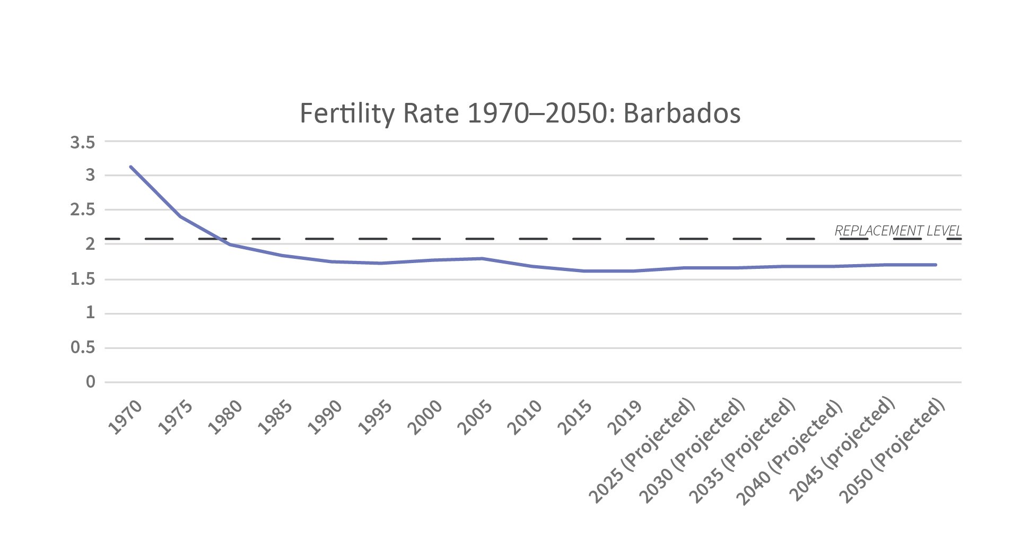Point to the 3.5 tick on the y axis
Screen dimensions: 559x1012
[82, 142]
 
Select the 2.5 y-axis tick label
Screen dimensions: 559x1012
[82, 210]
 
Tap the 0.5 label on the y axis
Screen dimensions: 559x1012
[82, 348]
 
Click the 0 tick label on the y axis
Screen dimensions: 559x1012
[90, 382]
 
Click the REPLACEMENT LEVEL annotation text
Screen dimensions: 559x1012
[897, 231]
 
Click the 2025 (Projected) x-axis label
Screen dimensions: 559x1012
[642, 451]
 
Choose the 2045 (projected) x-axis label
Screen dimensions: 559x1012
[842, 451]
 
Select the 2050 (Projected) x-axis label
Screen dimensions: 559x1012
[892, 451]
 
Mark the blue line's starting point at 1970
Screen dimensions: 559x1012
[130, 167]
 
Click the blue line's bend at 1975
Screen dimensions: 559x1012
[180, 216]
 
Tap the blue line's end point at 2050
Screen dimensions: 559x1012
[936, 265]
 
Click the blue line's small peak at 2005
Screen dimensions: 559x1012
[482, 258]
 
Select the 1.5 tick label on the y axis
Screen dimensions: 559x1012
[82, 279]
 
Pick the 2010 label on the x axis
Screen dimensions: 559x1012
[525, 417]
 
